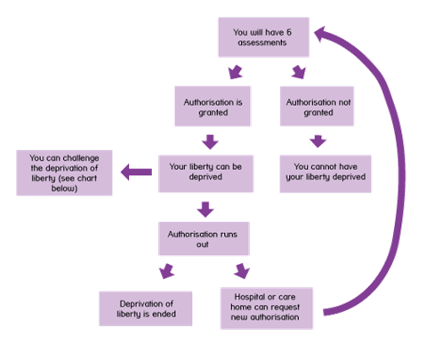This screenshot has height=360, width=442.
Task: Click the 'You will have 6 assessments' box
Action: coord(263,37)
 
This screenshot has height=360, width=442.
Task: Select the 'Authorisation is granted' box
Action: coord(213,107)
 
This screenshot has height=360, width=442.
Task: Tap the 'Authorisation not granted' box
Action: coord(317,107)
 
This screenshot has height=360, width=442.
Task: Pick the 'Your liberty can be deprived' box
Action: coord(205,173)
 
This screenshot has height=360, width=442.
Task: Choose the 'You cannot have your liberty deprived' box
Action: coord(325,173)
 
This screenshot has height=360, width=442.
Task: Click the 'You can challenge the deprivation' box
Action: coord(64,172)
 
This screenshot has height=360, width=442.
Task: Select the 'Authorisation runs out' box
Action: coord(204,238)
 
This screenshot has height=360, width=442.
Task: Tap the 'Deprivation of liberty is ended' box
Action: coord(146,308)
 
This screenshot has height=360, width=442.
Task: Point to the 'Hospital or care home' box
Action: coord(267,308)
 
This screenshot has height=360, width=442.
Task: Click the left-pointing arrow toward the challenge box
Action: coord(136,172)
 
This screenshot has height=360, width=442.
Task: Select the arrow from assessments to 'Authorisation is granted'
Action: coord(236,72)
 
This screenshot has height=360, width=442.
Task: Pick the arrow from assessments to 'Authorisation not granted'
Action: coord(299,72)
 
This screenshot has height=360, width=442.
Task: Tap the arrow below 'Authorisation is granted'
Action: coord(210,142)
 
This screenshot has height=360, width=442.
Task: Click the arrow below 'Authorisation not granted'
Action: coord(317,141)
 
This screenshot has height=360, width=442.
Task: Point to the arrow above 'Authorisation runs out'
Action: coord(205,210)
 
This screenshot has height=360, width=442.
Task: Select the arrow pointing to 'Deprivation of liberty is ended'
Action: coord(166,271)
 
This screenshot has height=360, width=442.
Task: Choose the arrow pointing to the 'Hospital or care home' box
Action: coord(242,271)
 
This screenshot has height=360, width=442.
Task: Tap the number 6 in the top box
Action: coord(289,32)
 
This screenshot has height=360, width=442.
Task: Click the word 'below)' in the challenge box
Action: coord(64,188)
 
